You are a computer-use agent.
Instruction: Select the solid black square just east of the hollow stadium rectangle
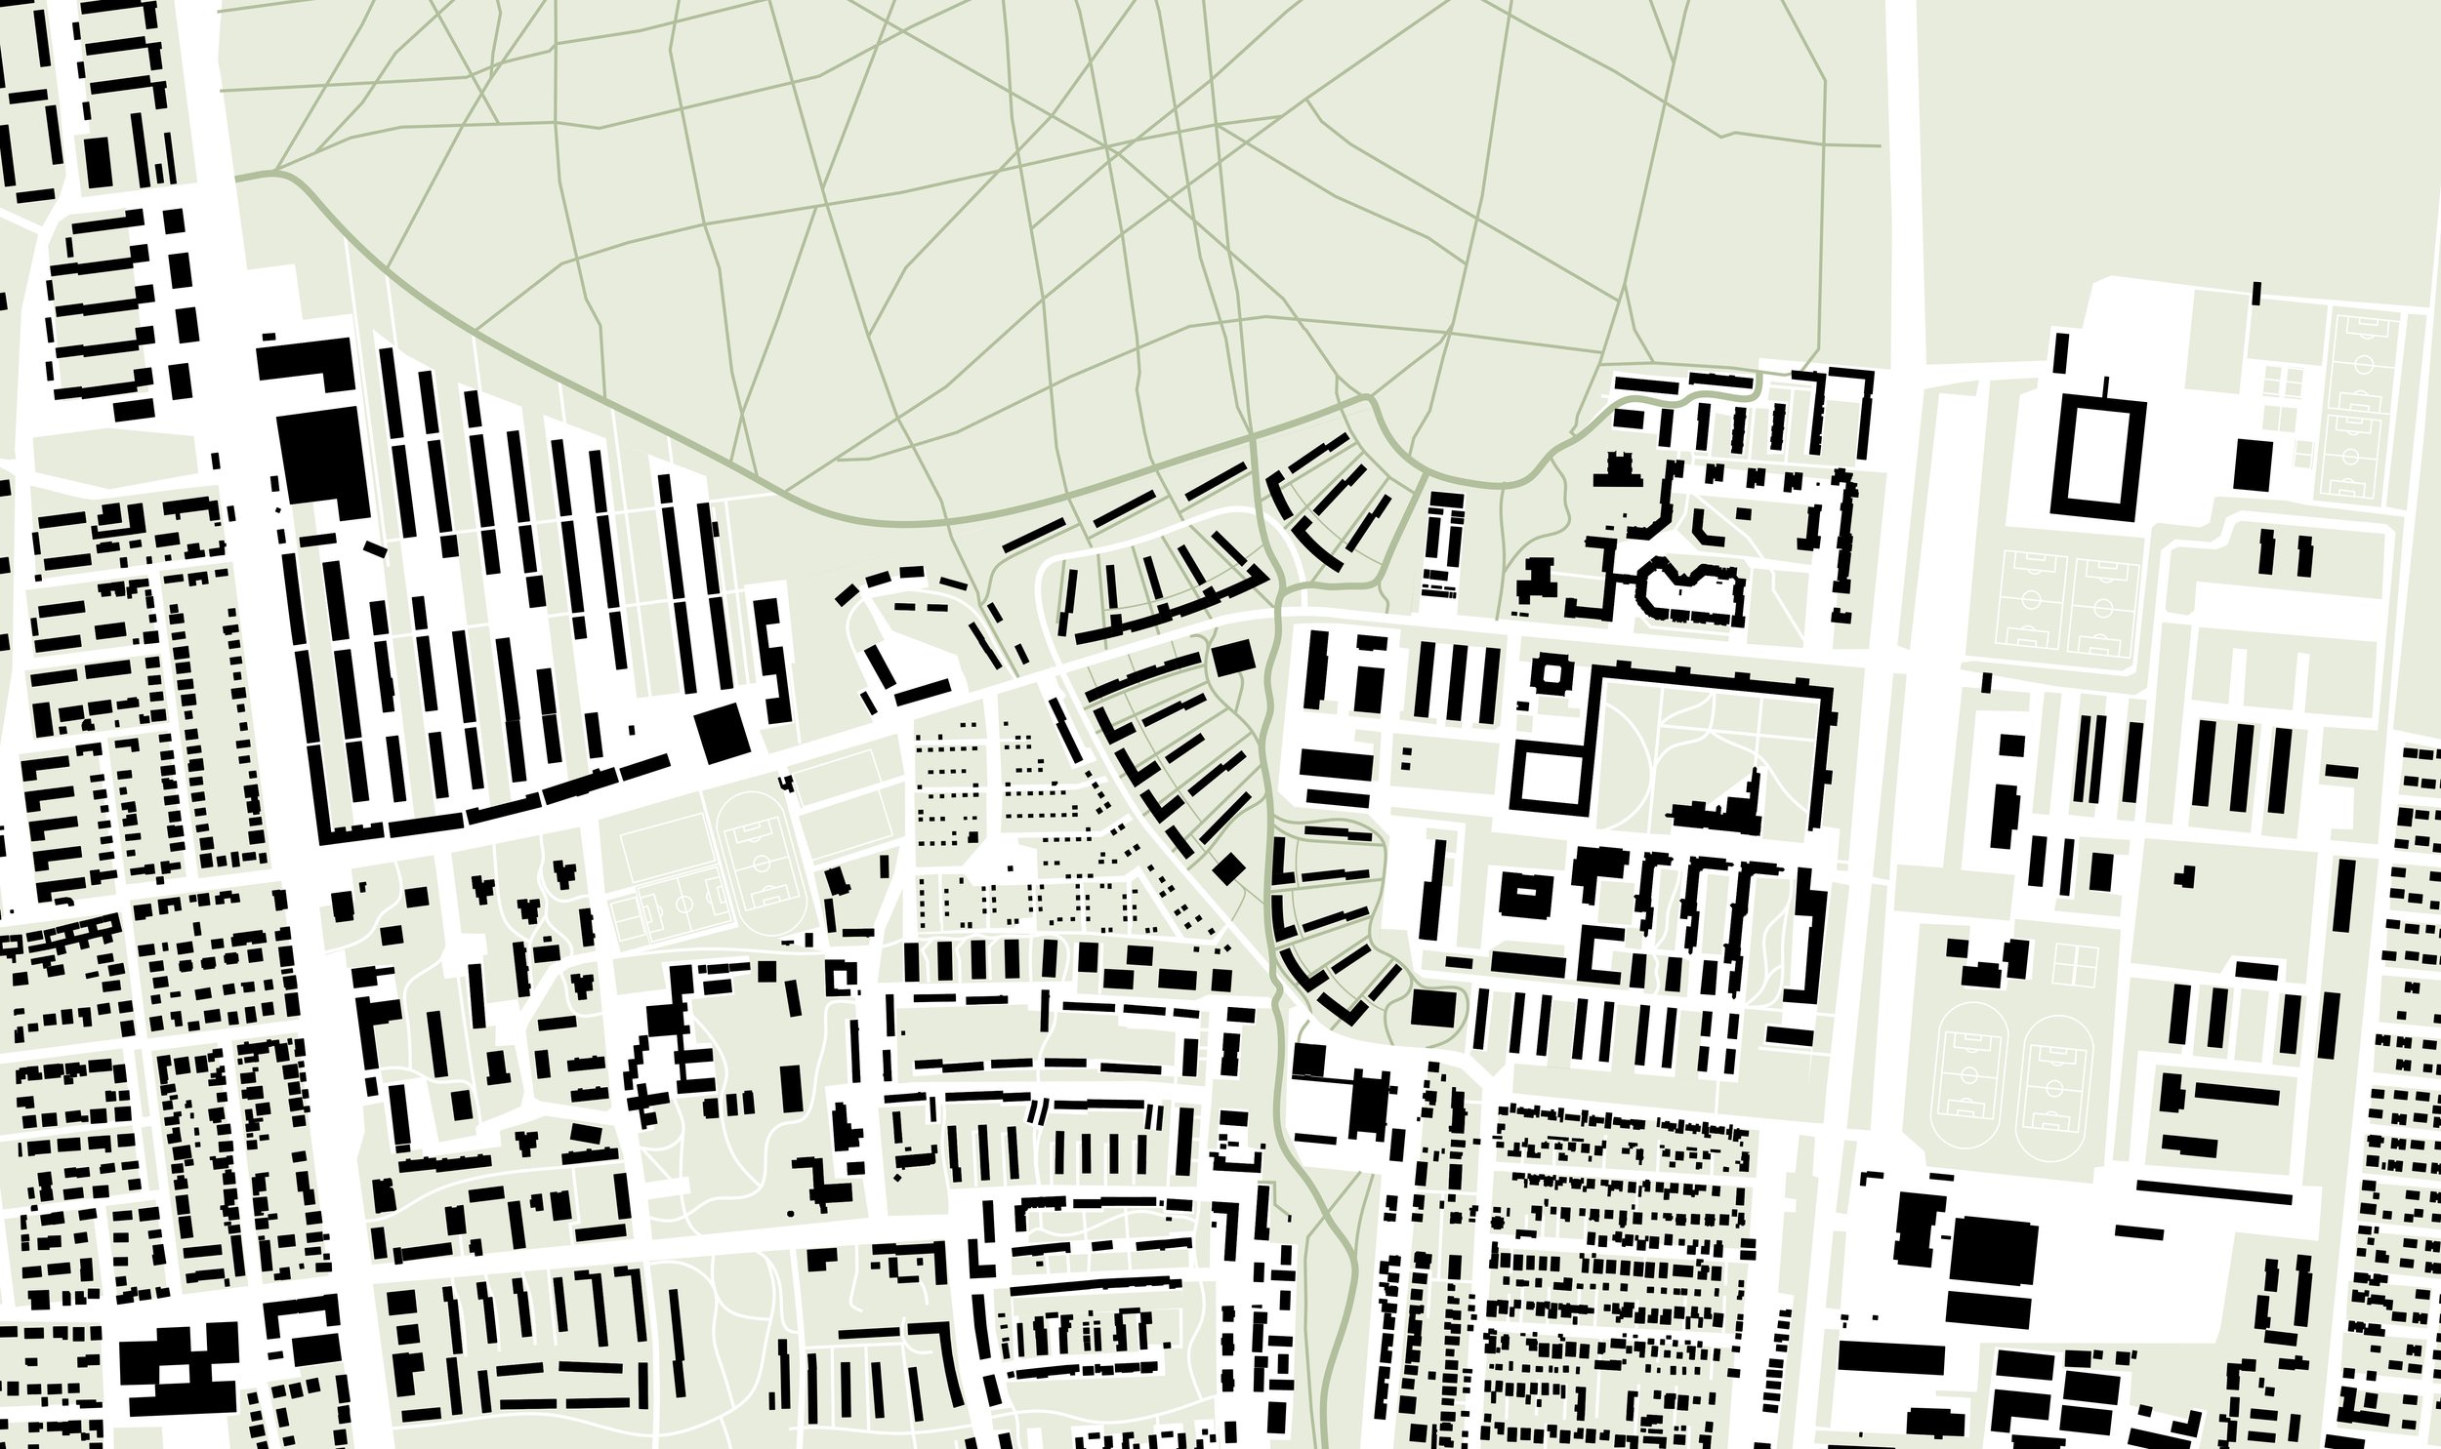pyautogui.click(x=2254, y=464)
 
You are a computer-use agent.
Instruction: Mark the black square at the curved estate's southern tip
pyautogui.click(x=1433, y=1007)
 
